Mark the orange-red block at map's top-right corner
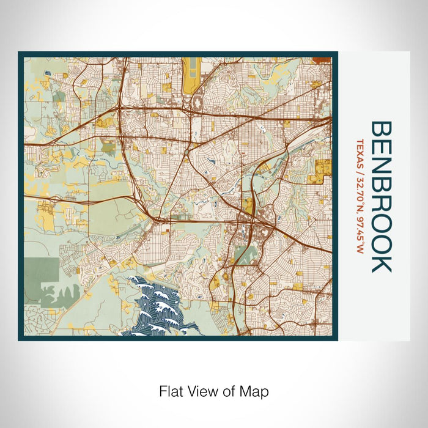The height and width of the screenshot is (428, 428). [x=322, y=60]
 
